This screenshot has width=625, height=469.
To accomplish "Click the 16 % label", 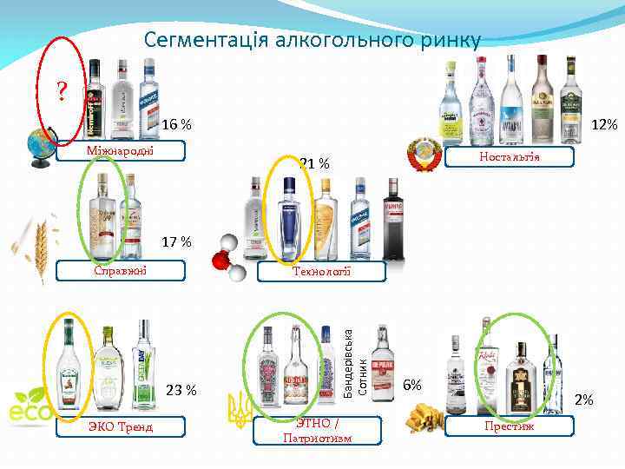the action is coord(176,125).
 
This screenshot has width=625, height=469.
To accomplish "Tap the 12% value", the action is coord(603,125).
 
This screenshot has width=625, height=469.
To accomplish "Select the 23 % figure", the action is coord(181,390).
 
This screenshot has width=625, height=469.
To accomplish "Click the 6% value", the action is coord(412,384).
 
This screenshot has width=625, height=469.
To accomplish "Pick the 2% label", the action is coord(584,400).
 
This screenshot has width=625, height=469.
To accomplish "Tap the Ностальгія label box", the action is coord(510,156).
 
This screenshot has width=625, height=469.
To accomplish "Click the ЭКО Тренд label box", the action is coord(122,426).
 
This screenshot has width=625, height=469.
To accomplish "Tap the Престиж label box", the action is coord(509,426).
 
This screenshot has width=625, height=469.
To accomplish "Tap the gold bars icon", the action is coord(425,417).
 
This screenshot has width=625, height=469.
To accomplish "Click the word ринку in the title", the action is coord(444,40).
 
